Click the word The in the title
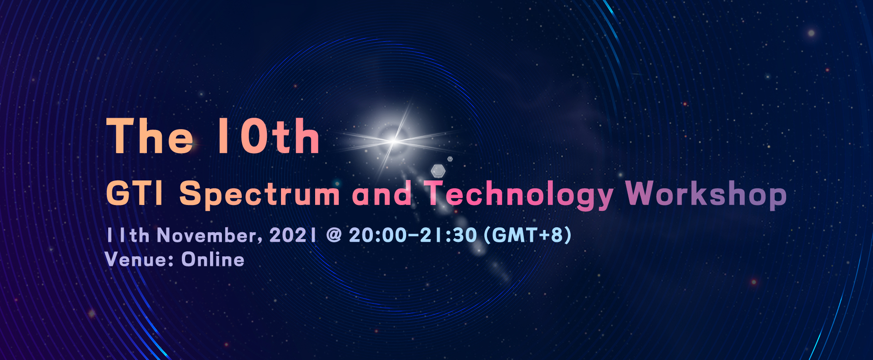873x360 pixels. [x=150, y=136]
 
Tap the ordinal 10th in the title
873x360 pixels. [x=269, y=136]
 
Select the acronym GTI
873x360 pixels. [x=135, y=193]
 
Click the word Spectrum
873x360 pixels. [x=260, y=195]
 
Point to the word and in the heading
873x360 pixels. [x=382, y=193]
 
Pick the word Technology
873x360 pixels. [x=519, y=195]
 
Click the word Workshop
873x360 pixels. [x=706, y=195]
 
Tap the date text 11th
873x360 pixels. [x=128, y=235]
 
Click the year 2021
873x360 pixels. [x=293, y=235]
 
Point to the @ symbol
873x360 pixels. [x=334, y=235]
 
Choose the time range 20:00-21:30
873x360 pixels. [x=413, y=235]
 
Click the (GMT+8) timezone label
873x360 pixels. [x=527, y=235]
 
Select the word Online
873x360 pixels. [x=213, y=260]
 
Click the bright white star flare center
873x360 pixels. [x=394, y=141]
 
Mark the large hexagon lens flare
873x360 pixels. [x=438, y=170]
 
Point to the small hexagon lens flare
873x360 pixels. [x=450, y=159]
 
